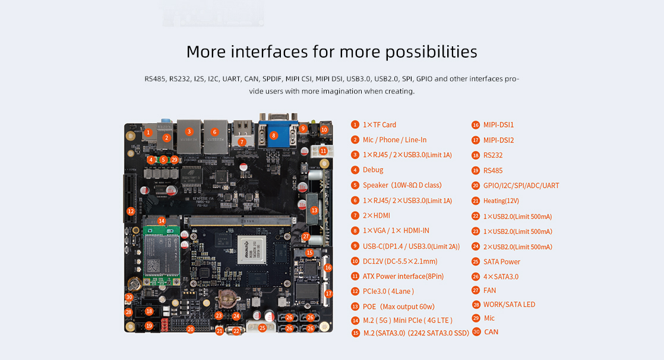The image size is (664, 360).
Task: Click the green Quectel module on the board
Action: tap(161, 252)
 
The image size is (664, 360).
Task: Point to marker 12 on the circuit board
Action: tap(131, 211)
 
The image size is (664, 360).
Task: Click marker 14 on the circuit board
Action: tap(162, 220)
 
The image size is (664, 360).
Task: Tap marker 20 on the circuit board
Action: tap(191, 329)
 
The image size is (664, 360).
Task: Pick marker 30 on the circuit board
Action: tap(129, 297)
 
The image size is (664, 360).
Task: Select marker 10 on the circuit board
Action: tap(324, 130)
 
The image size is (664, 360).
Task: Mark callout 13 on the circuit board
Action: tap(314, 210)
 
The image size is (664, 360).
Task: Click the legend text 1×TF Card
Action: tap(379, 125)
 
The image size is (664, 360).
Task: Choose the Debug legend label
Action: tap(372, 170)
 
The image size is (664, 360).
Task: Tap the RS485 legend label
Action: tap(493, 170)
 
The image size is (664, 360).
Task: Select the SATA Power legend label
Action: tap(502, 262)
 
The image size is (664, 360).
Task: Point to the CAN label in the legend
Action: tap(491, 332)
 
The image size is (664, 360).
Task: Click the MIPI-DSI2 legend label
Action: tap(498, 140)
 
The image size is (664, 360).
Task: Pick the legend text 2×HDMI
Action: tap(377, 216)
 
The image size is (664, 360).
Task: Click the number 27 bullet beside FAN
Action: tap(476, 290)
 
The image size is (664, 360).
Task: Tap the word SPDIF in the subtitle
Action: tap(272, 79)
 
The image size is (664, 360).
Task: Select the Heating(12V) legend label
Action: tap(501, 201)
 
